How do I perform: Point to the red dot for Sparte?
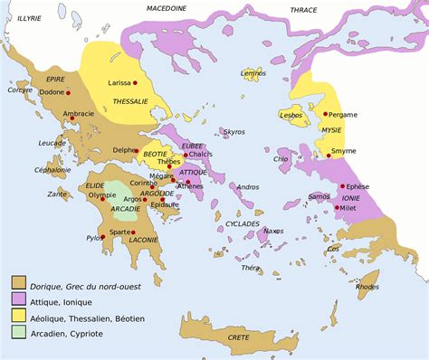[133, 232]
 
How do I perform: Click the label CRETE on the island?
[238, 336]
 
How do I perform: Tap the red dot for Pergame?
[324, 115]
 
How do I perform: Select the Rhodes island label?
[367, 287]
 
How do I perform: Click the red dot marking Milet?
[337, 208]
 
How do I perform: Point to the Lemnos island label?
[253, 71]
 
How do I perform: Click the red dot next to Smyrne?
[325, 149]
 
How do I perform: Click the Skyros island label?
[234, 132]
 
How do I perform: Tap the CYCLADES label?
[243, 223]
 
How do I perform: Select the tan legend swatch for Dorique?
[18, 281]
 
